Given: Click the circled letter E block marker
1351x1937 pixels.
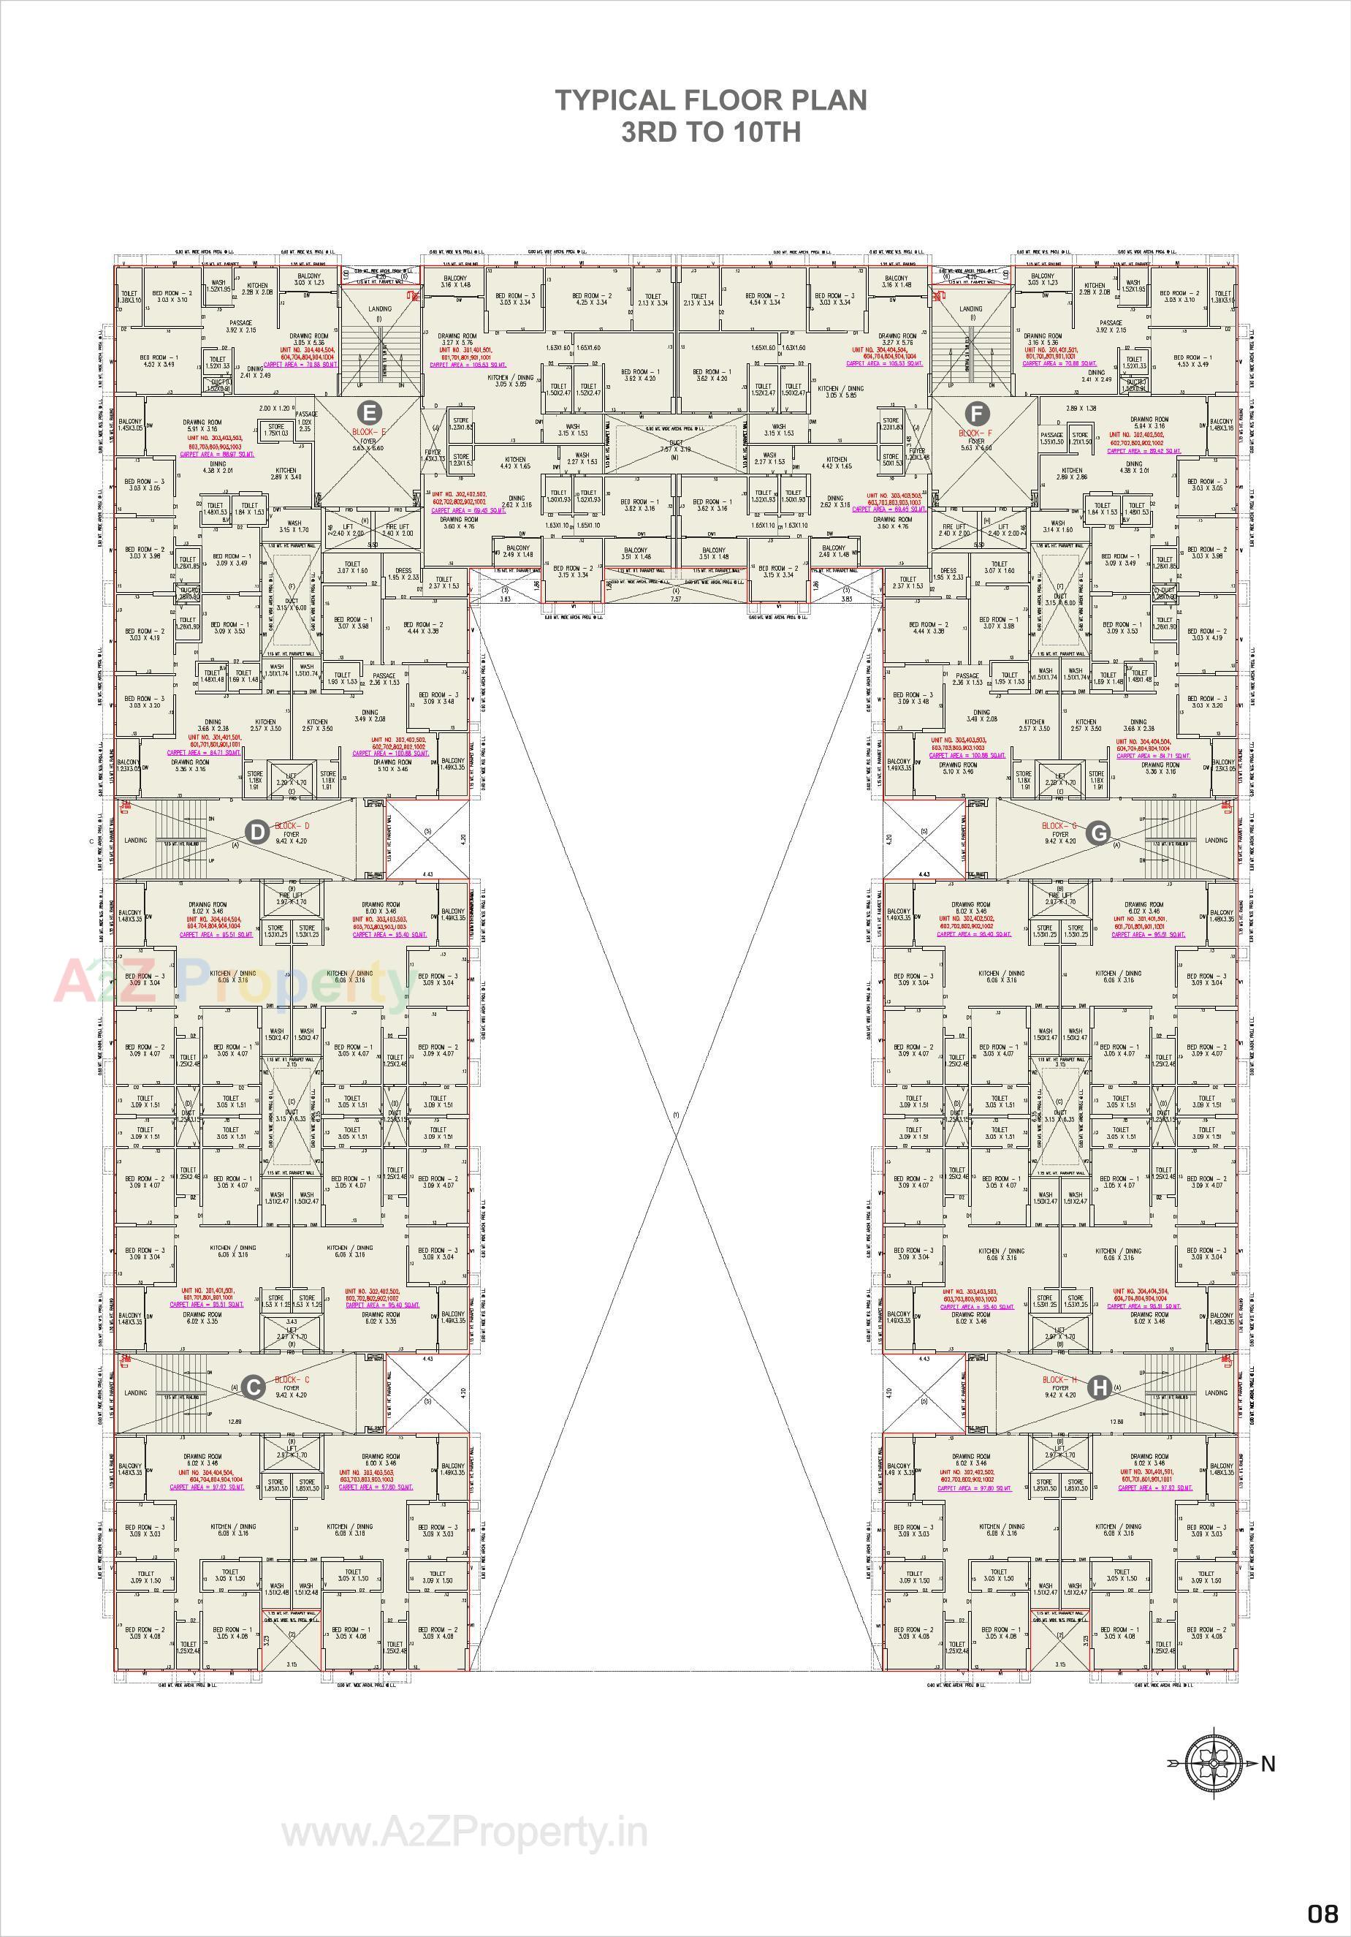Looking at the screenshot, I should [x=368, y=412].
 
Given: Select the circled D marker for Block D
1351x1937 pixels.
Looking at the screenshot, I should [x=258, y=833].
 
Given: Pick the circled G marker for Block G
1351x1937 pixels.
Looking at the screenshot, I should [x=1098, y=833].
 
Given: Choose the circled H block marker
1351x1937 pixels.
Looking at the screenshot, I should [x=1098, y=1386].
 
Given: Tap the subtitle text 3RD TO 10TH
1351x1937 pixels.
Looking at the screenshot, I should [x=710, y=132].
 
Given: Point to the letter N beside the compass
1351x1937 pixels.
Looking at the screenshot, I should [x=1268, y=1781].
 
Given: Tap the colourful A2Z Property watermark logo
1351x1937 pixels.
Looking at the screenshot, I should [x=232, y=983].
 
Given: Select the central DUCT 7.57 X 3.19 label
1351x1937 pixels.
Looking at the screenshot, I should [x=674, y=447].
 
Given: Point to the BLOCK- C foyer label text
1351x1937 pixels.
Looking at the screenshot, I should [x=292, y=1379].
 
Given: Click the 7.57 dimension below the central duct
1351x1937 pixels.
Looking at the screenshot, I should [x=675, y=598].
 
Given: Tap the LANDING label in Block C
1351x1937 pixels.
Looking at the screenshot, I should [x=136, y=1393].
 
